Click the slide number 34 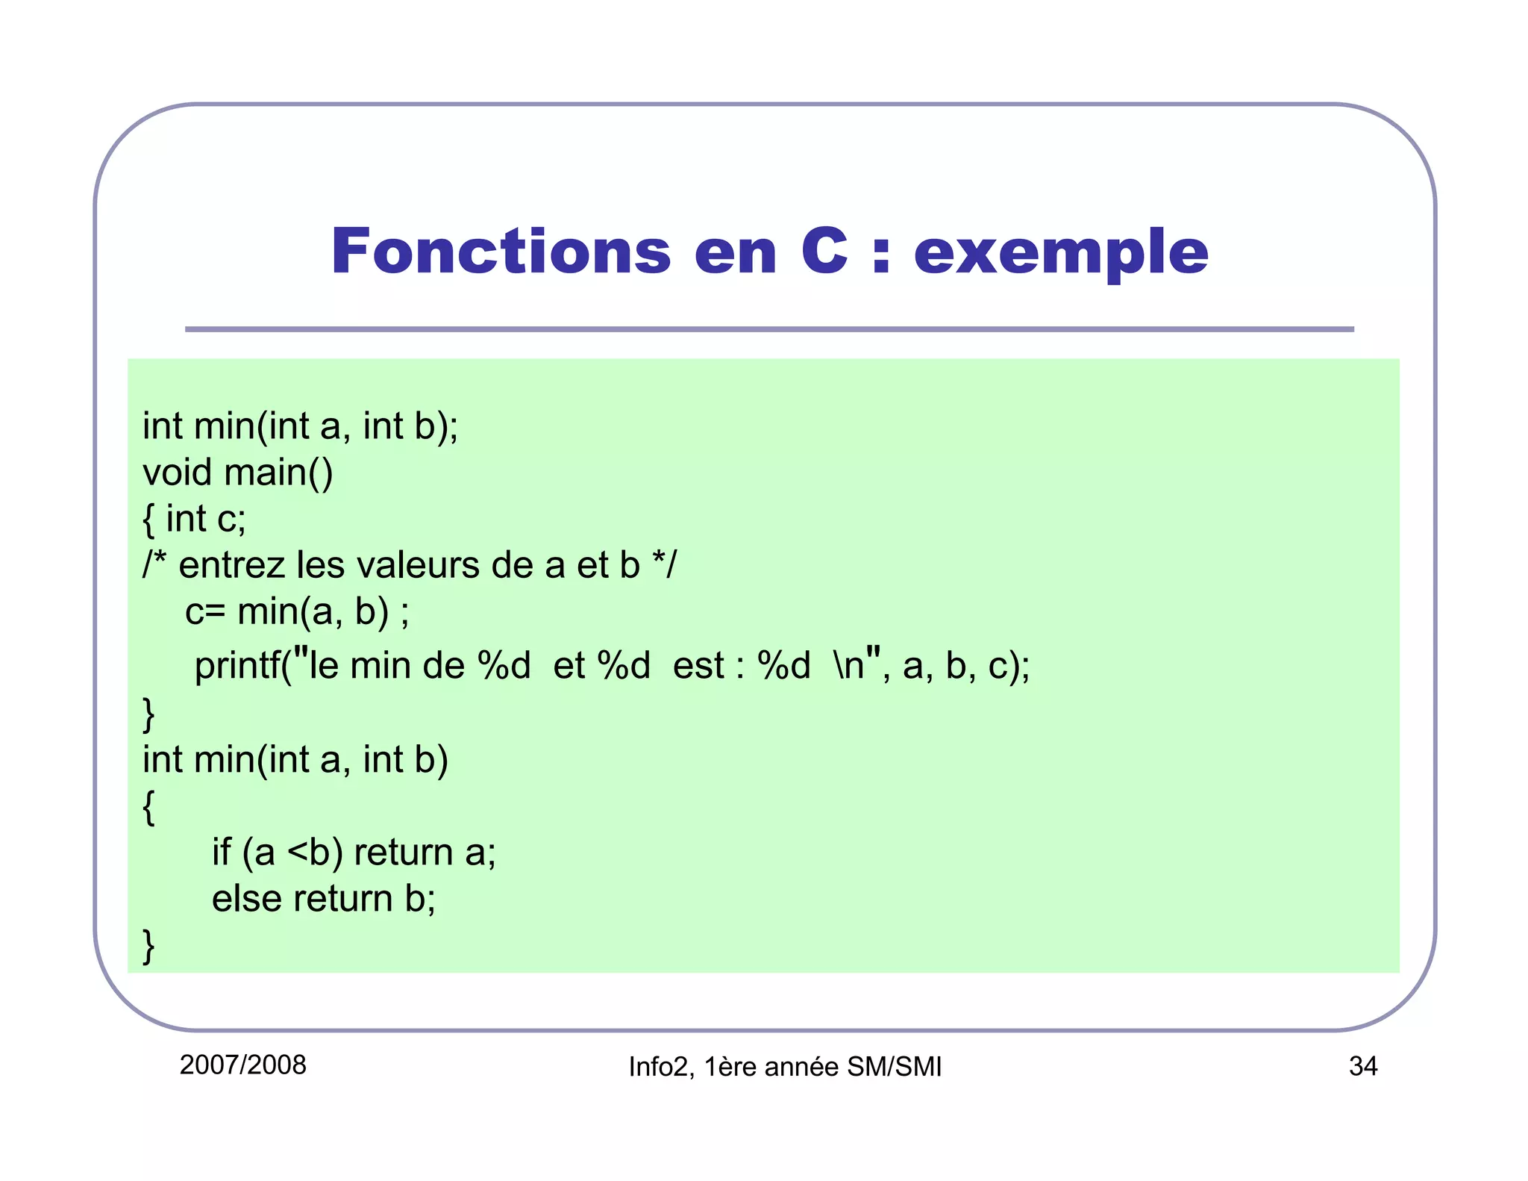coord(1362,1066)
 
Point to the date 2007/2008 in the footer coord(243,1065)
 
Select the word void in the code coord(177,473)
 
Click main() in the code coord(278,473)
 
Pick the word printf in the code coord(237,664)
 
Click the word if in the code coord(221,852)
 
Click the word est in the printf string coord(698,666)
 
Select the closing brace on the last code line coord(148,946)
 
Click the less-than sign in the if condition coord(298,853)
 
